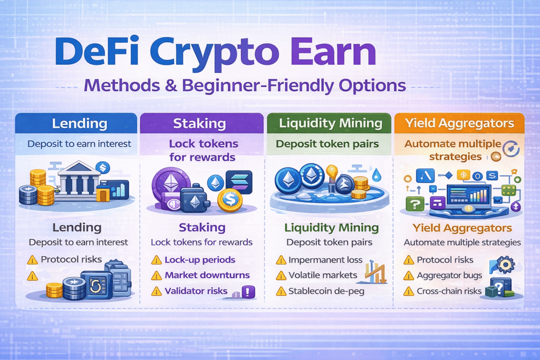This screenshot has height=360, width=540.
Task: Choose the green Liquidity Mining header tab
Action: pos(330,124)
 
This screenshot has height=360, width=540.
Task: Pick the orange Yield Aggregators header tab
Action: pos(459,124)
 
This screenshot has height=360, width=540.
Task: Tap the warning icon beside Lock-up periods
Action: pos(156,260)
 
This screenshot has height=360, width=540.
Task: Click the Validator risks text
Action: pos(196,291)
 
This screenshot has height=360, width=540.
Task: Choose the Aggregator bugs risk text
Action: pos(449,275)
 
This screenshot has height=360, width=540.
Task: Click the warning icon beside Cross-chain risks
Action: pos(408,291)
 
